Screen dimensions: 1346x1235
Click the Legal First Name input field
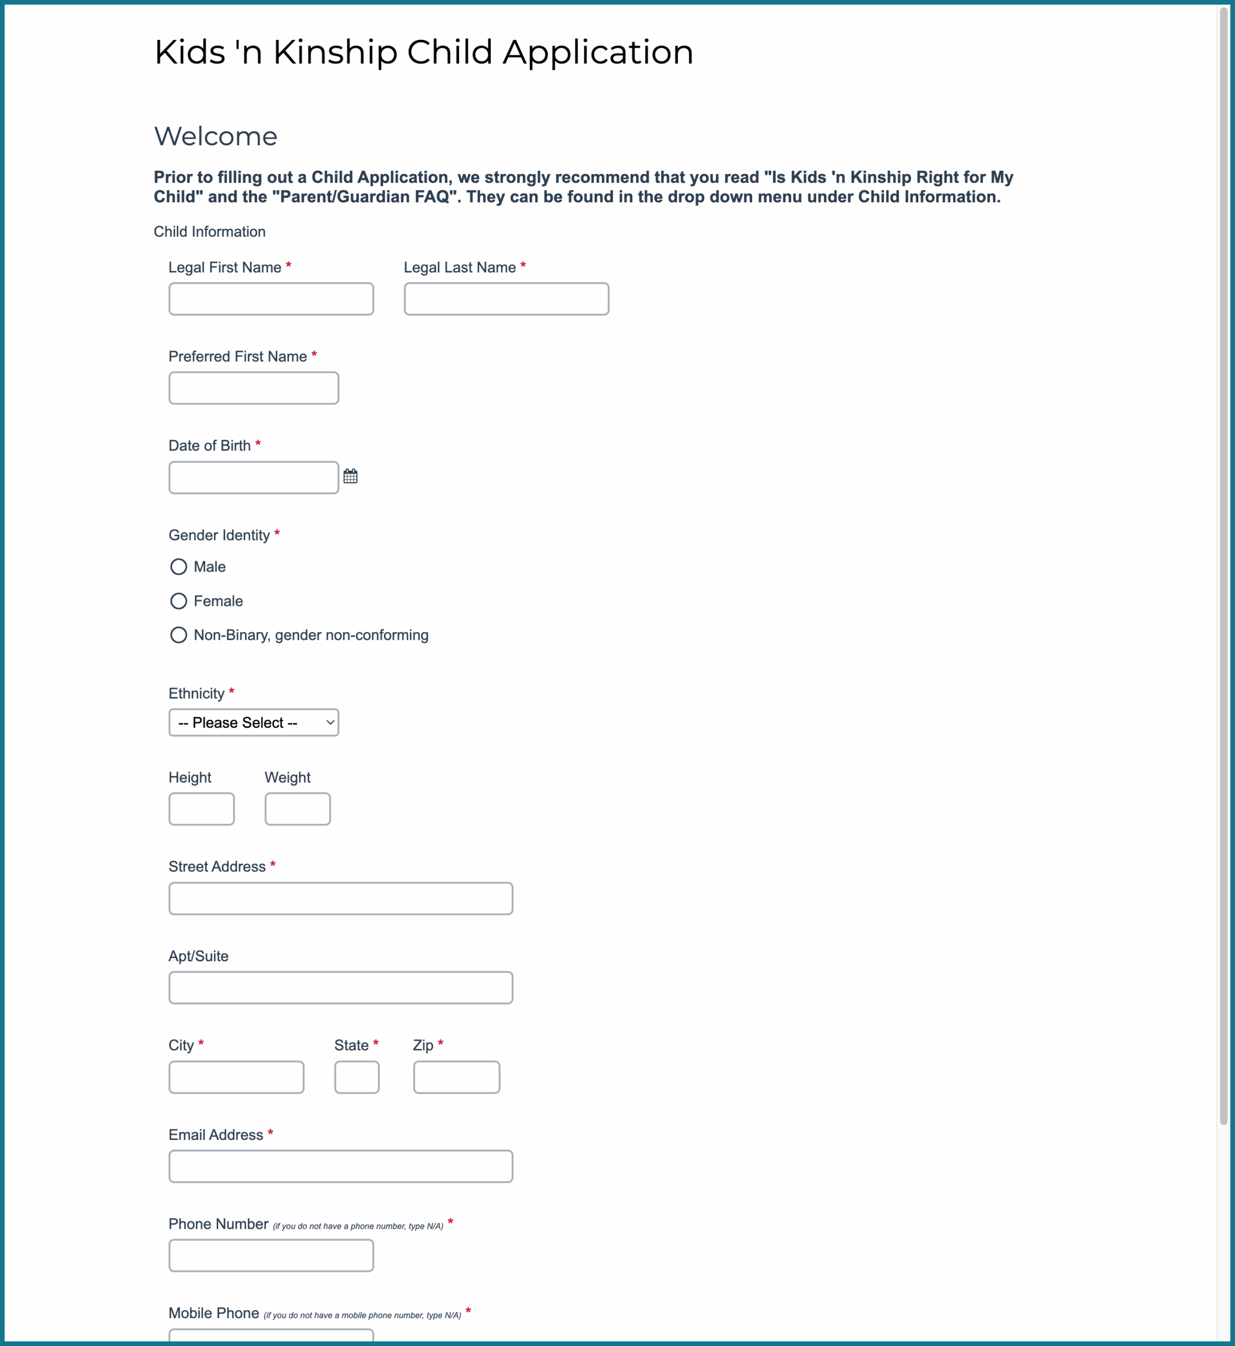(x=271, y=299)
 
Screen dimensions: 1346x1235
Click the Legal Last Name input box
(x=506, y=299)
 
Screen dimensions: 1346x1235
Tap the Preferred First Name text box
(x=254, y=388)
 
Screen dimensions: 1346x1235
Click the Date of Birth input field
(x=254, y=477)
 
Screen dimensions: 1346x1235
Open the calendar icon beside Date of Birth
(x=350, y=476)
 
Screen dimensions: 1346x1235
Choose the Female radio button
(x=178, y=601)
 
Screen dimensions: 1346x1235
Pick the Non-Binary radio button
(x=178, y=635)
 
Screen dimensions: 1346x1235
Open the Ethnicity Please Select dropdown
(x=254, y=723)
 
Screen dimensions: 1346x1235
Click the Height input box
(x=201, y=809)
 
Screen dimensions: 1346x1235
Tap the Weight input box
(x=297, y=809)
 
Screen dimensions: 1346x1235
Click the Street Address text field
(x=340, y=899)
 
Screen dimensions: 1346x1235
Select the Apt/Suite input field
(x=340, y=988)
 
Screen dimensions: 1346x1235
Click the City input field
(x=236, y=1077)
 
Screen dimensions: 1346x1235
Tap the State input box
(x=357, y=1077)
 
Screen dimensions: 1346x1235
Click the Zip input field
(x=457, y=1077)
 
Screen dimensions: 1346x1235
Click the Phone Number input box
(x=271, y=1256)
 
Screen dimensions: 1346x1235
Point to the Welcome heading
(x=215, y=136)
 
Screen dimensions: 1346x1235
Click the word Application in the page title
(x=598, y=52)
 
